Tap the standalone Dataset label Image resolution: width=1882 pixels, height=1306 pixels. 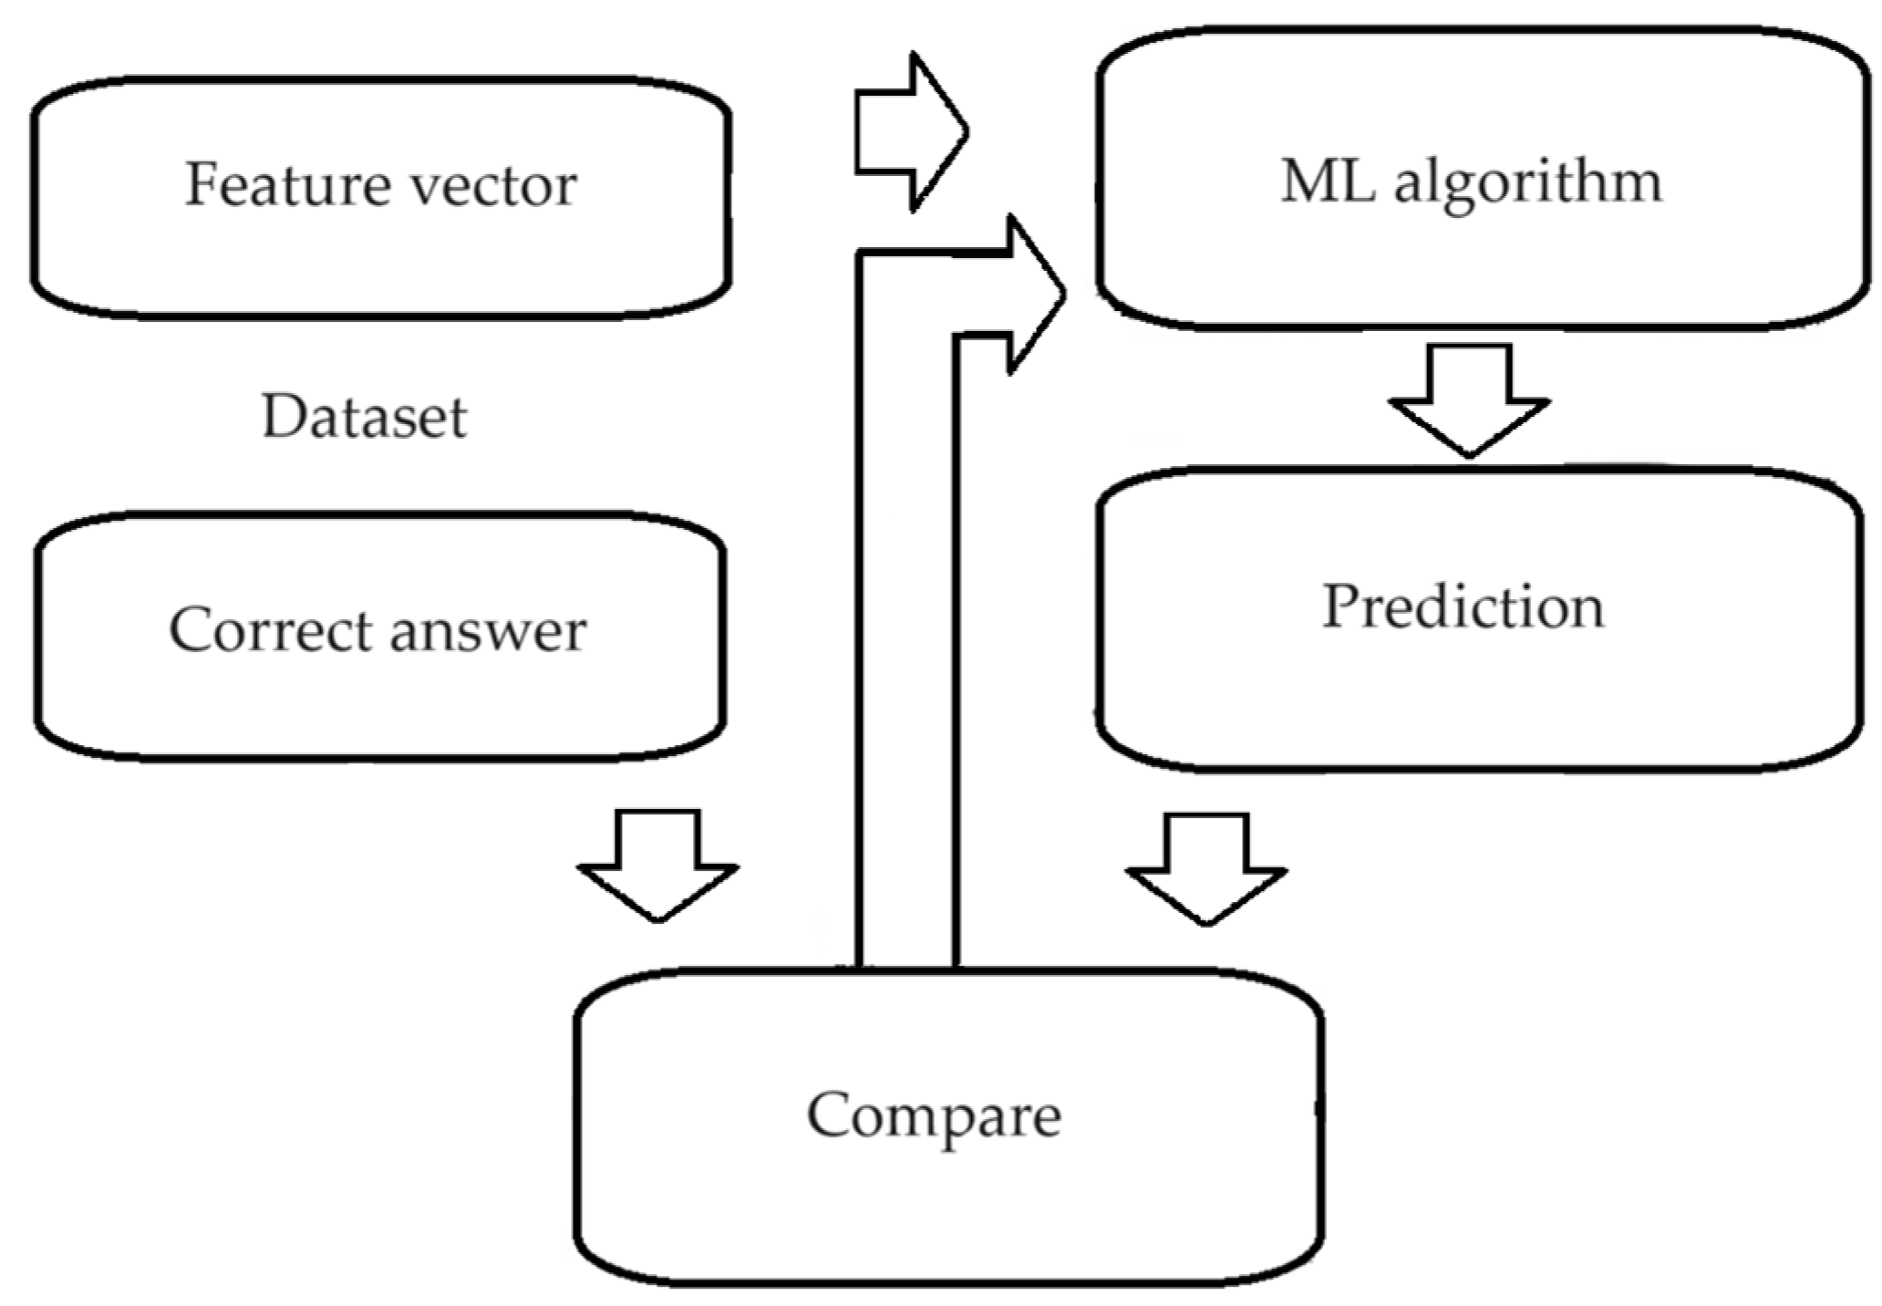tap(364, 418)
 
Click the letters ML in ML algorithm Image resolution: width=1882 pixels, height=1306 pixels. tap(1328, 181)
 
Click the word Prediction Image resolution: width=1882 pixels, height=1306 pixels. tap(1463, 606)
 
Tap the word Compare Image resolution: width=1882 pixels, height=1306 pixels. tap(934, 1114)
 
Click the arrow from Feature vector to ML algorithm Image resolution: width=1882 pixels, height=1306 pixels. tap(908, 132)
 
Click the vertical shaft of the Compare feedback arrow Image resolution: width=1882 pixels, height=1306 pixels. tap(906, 638)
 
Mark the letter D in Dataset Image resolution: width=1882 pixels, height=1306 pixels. tap(282, 417)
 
